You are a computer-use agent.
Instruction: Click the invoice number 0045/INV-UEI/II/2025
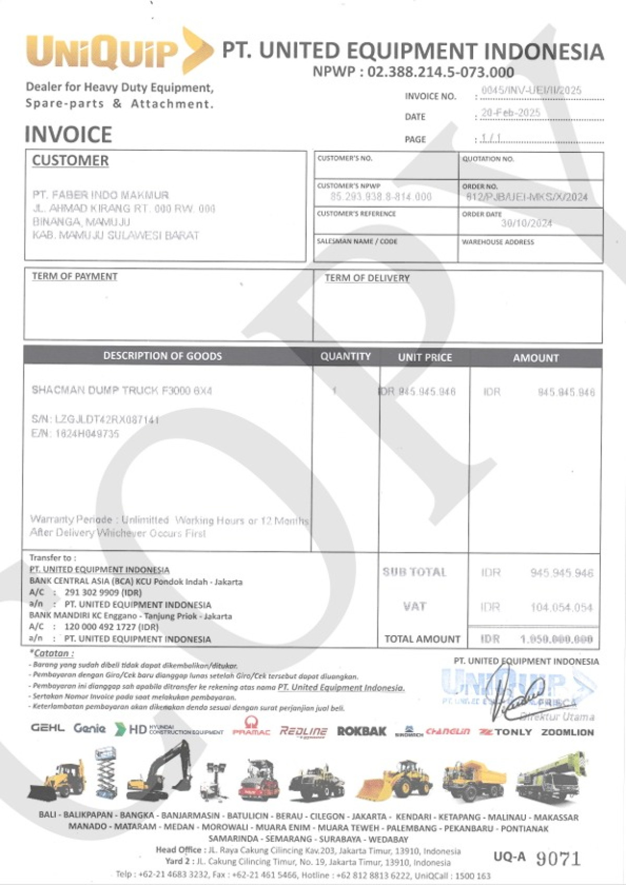tap(531, 90)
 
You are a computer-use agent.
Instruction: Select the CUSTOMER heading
tap(70, 161)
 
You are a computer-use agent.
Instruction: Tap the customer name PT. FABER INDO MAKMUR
tap(101, 195)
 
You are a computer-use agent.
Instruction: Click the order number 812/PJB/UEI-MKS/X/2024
tap(527, 197)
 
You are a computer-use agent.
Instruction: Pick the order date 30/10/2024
tap(526, 223)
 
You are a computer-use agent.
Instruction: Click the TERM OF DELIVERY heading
tap(367, 278)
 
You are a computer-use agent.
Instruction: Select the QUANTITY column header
tap(345, 357)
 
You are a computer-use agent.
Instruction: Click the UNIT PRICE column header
tap(425, 357)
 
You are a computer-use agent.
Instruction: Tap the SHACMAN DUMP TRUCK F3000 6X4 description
tap(122, 391)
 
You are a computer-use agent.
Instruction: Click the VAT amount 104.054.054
tap(561, 608)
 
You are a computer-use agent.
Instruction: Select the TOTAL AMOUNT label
tap(422, 639)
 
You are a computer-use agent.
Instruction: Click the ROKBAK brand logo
tap(362, 731)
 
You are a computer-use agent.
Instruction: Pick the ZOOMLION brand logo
tap(567, 732)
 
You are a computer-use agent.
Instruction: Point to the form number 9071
tap(558, 858)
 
